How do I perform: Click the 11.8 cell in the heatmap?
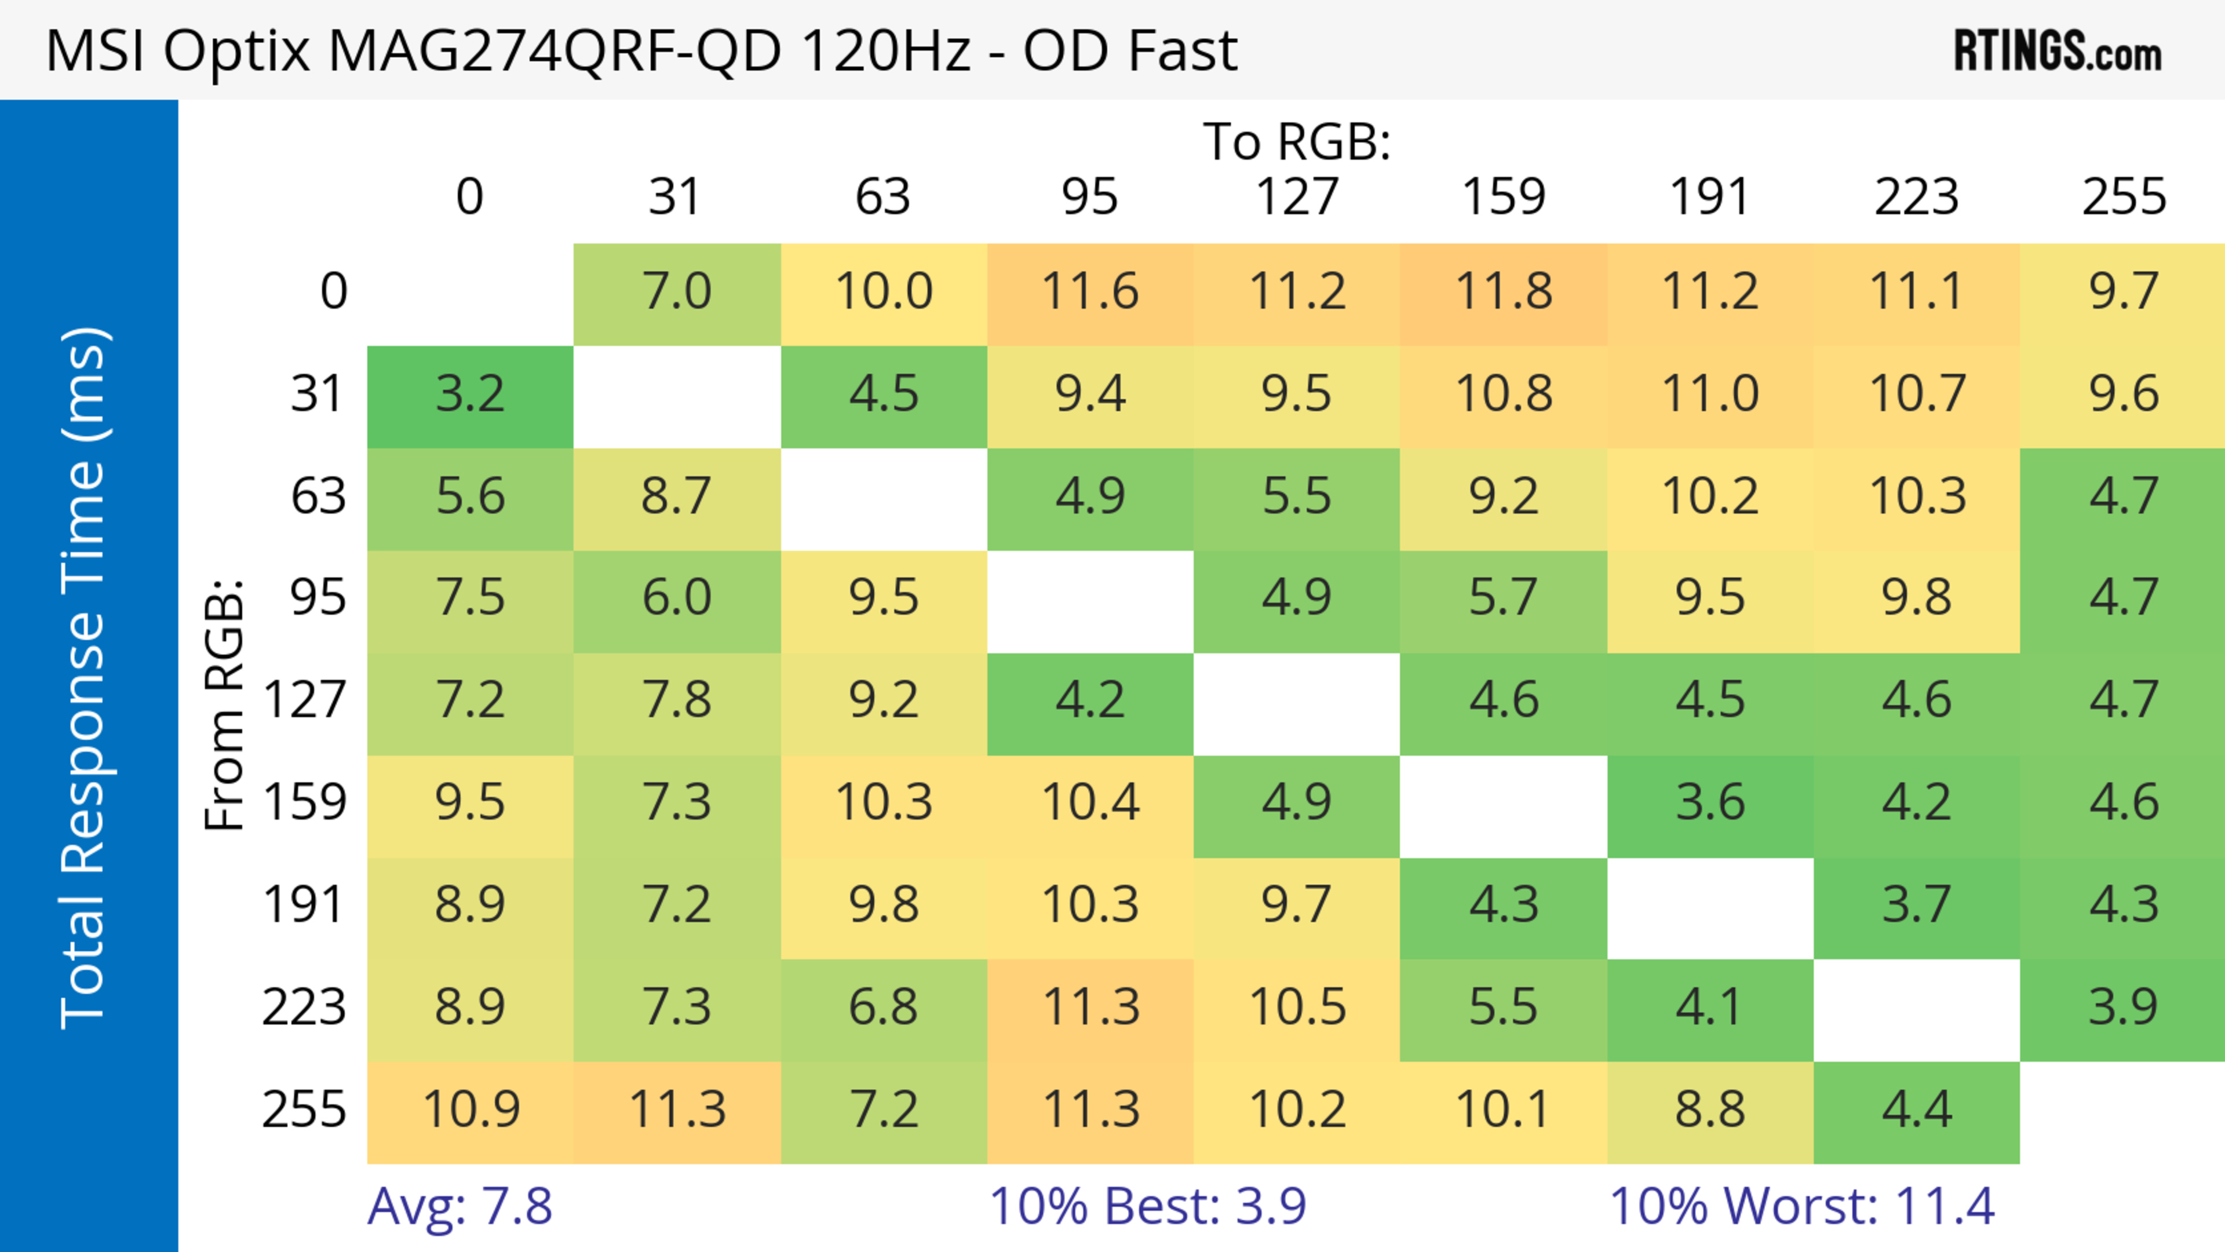point(1504,292)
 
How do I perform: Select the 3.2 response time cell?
point(470,395)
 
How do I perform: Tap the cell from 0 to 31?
point(676,292)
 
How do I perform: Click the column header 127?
point(1297,197)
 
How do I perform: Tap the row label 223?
point(304,1008)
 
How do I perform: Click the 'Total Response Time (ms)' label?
point(84,678)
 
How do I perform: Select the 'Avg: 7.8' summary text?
point(459,1206)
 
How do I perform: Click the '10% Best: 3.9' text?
point(1147,1206)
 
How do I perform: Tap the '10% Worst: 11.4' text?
point(1802,1206)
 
